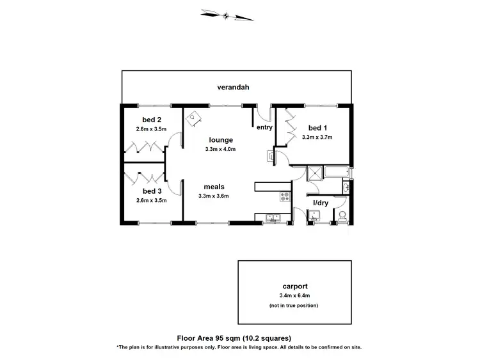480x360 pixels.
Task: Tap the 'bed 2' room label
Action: (x=152, y=120)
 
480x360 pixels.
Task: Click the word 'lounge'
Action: (x=221, y=140)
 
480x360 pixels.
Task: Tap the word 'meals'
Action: (x=214, y=187)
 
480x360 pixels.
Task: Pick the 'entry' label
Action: (x=264, y=127)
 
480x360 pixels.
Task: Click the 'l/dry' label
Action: (x=320, y=203)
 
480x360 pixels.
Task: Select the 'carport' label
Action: (x=296, y=286)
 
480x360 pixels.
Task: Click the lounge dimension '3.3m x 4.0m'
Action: (x=221, y=150)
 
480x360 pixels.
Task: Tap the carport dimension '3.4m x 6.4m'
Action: (x=296, y=296)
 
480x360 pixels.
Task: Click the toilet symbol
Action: (x=342, y=215)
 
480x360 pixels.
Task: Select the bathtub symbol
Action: (x=337, y=172)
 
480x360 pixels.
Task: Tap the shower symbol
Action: (x=315, y=173)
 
